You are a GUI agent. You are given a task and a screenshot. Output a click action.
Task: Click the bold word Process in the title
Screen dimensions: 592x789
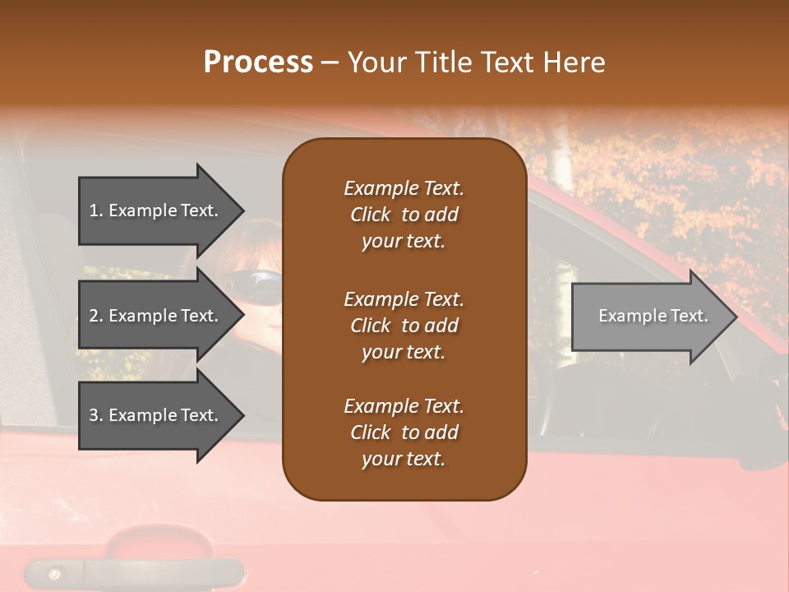point(258,62)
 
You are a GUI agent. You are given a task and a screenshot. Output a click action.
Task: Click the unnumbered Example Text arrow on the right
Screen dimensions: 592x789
point(649,317)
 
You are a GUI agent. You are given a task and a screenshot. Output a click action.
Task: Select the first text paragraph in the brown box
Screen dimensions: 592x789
point(404,215)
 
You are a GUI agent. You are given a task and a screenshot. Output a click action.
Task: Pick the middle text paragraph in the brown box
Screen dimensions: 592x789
point(404,326)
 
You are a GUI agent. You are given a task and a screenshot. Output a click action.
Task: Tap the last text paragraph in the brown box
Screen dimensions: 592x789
point(404,432)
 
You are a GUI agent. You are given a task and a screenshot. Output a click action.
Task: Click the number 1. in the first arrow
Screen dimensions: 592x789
point(96,210)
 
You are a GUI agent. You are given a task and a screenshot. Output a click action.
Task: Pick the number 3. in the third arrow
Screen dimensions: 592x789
point(96,415)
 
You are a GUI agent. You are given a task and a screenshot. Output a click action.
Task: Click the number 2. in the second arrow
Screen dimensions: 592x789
point(96,316)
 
